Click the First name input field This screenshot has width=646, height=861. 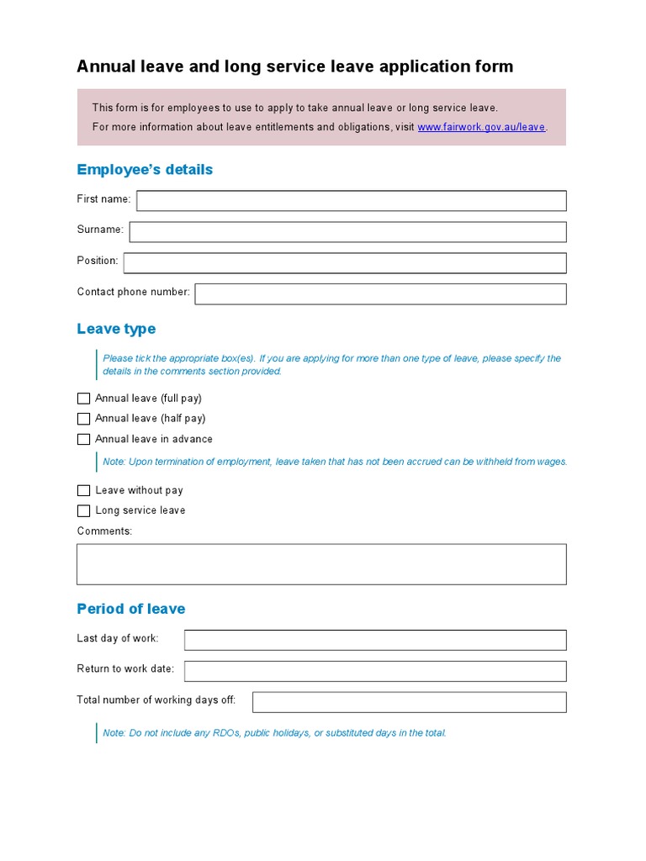tap(351, 200)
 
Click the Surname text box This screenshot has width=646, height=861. tap(347, 231)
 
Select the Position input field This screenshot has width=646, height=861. tap(345, 263)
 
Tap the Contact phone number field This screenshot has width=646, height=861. tap(380, 293)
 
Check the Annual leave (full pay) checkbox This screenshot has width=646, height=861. tap(83, 399)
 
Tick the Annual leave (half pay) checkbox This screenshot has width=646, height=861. tap(83, 419)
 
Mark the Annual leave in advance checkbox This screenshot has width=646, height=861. tap(83, 439)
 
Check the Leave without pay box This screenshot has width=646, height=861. tap(83, 490)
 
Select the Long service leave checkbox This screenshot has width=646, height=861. tap(83, 510)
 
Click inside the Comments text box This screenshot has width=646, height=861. tap(321, 563)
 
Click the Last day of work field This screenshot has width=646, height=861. tap(375, 640)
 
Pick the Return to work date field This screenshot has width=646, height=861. tap(375, 670)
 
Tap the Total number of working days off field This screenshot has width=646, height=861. tap(409, 701)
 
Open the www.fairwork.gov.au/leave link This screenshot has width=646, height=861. tap(481, 128)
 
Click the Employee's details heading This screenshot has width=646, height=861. tap(145, 170)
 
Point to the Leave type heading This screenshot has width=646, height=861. tap(116, 329)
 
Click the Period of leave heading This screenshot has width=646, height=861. tap(131, 609)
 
